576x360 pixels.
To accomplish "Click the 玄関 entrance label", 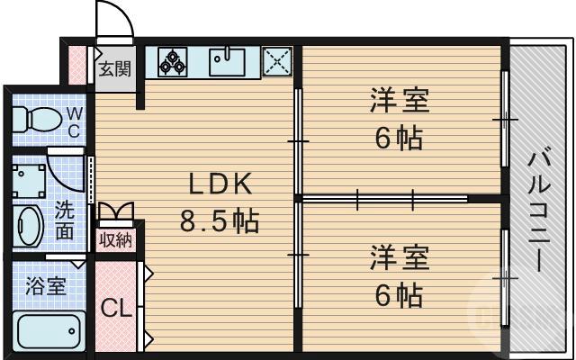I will (114, 68).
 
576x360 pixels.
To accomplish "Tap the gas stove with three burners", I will (173, 61).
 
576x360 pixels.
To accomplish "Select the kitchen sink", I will (229, 61).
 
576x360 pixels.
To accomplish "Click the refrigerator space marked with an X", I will (277, 61).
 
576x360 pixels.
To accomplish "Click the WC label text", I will (75, 121).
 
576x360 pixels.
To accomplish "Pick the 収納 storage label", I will (115, 239).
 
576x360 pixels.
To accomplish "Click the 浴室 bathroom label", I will (44, 286).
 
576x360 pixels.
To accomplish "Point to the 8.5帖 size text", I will (221, 221).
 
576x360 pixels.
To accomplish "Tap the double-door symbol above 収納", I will (115, 212).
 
